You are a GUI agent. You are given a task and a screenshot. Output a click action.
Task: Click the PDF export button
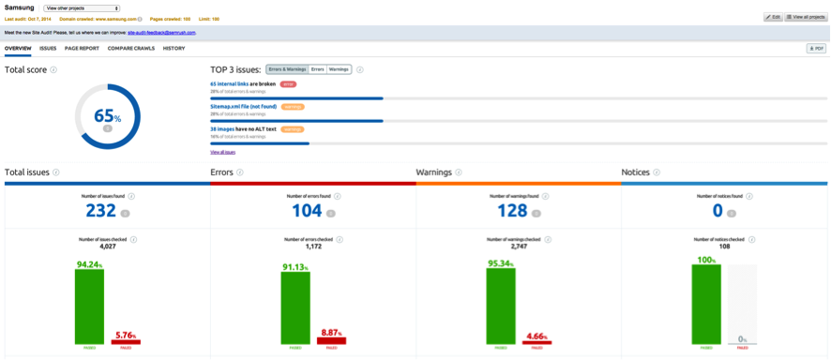tap(816, 48)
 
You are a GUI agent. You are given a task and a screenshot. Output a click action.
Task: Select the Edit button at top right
tap(772, 17)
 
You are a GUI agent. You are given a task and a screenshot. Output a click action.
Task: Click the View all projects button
tap(806, 17)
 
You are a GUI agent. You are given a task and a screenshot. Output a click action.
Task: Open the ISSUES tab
tap(48, 48)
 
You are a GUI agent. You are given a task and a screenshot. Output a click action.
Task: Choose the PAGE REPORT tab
tap(83, 48)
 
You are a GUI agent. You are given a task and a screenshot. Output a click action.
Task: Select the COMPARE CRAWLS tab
tap(131, 48)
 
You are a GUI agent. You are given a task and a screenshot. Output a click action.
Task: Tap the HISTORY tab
tap(174, 48)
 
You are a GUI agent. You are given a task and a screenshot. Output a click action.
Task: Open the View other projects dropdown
tap(82, 7)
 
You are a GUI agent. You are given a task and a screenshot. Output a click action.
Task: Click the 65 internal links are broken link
tap(242, 83)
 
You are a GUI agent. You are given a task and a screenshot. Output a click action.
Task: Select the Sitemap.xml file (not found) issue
tap(243, 107)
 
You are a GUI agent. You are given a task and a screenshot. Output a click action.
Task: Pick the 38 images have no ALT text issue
tap(243, 129)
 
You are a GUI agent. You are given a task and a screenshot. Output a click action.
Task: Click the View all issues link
tap(222, 151)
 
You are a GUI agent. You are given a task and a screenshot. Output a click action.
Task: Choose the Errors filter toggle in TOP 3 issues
tap(318, 69)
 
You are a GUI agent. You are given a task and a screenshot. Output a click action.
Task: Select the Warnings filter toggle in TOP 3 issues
tap(339, 69)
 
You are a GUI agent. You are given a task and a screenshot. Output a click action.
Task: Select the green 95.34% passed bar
tap(501, 306)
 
